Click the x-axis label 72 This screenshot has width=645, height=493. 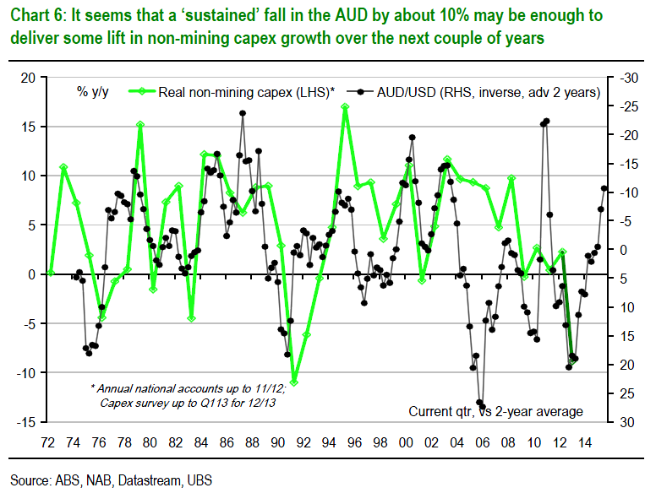point(49,441)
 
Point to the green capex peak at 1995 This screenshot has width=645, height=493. point(345,107)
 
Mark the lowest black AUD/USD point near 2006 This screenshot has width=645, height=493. point(483,406)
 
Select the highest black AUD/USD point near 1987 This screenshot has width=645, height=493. point(243,113)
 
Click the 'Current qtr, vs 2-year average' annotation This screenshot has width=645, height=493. point(496,411)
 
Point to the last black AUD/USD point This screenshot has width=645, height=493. point(604,189)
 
